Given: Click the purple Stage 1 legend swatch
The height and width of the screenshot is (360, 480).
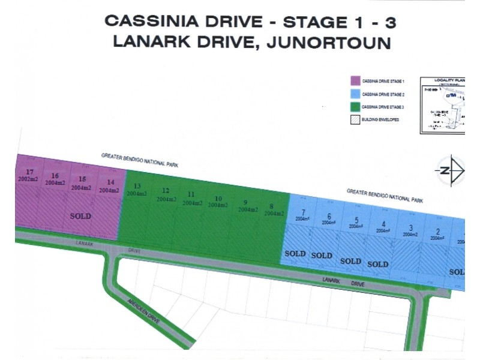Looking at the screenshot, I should [355, 80].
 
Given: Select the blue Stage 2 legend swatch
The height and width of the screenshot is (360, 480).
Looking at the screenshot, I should [355, 94].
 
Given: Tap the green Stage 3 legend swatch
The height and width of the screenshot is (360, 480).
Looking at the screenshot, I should [355, 107].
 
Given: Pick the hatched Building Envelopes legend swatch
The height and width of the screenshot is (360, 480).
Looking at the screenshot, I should [355, 119].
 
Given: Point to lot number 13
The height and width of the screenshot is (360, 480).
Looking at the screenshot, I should [137, 186].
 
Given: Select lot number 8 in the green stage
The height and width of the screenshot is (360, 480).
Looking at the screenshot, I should [272, 206].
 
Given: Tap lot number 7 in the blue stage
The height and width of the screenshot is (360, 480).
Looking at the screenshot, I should [304, 212].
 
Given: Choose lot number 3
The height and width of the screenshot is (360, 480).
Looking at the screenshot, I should [410, 227].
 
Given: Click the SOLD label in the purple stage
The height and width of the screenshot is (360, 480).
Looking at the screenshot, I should [81, 216].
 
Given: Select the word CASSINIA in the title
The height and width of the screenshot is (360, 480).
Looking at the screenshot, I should [150, 22].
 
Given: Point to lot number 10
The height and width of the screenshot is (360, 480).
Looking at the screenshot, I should [218, 199].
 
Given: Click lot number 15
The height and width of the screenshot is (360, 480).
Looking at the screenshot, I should [82, 179].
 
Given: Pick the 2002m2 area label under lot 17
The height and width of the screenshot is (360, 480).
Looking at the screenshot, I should [29, 179].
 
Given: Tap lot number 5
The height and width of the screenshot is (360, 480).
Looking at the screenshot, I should [356, 220].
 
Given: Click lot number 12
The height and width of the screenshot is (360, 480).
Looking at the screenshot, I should [165, 191].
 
